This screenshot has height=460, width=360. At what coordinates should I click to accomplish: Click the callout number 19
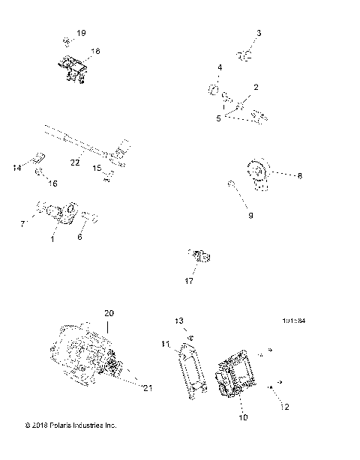82,34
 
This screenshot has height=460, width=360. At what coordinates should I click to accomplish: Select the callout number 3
259,33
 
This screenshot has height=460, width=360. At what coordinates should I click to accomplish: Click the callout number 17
189,281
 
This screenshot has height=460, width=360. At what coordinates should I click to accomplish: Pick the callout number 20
109,312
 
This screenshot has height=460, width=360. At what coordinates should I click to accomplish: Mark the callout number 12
284,407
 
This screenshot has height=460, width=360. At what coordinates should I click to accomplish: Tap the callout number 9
250,215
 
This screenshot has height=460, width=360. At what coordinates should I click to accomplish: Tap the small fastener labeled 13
191,336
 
